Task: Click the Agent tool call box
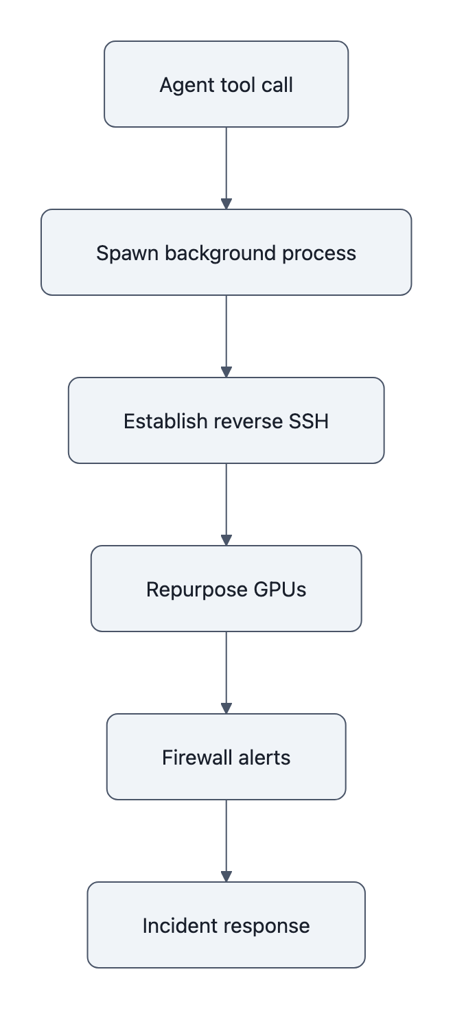(x=226, y=84)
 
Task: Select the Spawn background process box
(x=226, y=253)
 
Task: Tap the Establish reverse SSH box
(x=226, y=421)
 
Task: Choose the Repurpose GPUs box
(x=226, y=589)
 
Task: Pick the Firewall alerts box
(x=226, y=757)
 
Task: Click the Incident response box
(x=226, y=925)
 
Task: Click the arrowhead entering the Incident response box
(x=226, y=877)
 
